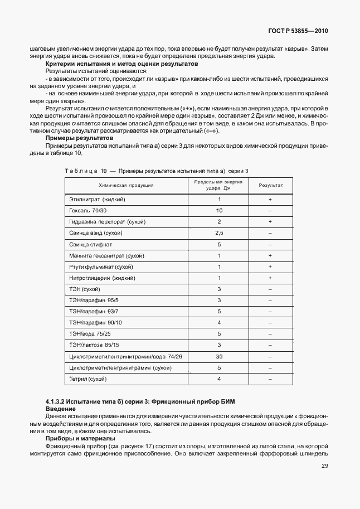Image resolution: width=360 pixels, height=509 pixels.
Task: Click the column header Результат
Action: (x=270, y=185)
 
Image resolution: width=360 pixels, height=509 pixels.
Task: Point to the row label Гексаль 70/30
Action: (x=87, y=210)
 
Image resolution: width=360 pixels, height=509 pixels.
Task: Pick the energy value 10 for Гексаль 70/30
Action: (x=219, y=210)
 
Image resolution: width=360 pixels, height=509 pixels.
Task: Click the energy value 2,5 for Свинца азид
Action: (x=219, y=232)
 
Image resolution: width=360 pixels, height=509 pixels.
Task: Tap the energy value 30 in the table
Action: (x=219, y=356)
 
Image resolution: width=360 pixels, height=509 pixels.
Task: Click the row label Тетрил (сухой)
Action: (x=87, y=379)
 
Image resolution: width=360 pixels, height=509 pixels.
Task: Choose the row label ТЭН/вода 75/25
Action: (x=90, y=334)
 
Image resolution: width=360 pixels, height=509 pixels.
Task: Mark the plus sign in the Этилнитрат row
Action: (x=270, y=199)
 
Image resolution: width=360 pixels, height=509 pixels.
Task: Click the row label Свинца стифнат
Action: (x=90, y=244)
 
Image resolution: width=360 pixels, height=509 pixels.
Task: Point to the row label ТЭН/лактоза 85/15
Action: (x=94, y=345)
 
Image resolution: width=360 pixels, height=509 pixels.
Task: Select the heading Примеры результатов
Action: (x=79, y=137)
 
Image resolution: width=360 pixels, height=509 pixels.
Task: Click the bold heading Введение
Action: (x=60, y=409)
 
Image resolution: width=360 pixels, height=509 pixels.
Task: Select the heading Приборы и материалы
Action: (x=80, y=438)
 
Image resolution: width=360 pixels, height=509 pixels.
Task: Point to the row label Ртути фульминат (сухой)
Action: (x=98, y=266)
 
